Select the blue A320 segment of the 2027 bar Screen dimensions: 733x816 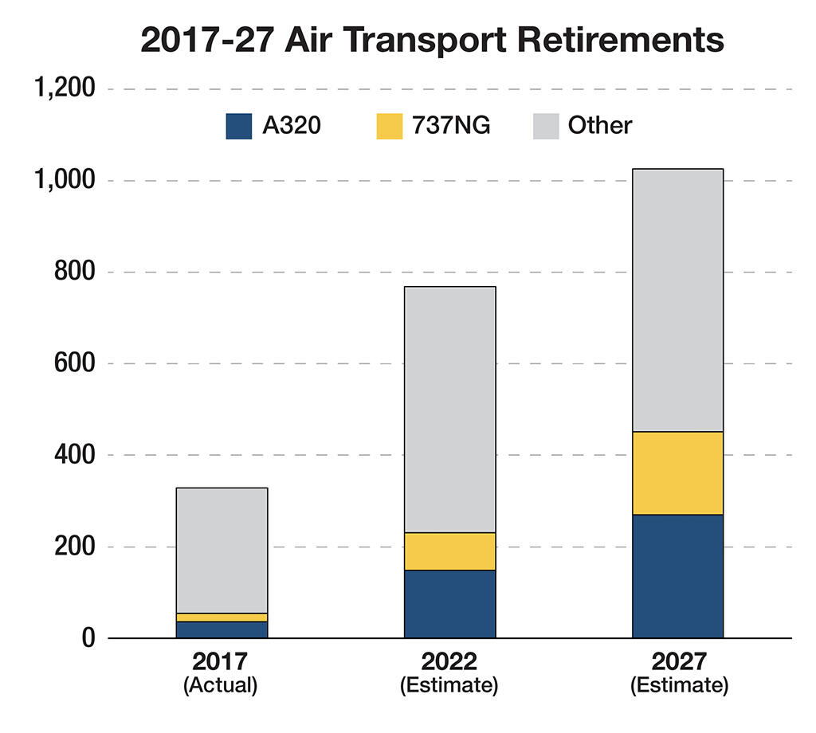coord(678,576)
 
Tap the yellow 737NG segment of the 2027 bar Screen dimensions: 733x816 coord(678,473)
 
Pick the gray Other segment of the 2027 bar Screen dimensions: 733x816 coord(678,300)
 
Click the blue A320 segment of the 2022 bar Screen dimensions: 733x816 coord(449,604)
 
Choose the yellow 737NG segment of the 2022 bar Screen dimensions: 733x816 coord(449,551)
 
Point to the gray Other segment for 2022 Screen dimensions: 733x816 coord(449,410)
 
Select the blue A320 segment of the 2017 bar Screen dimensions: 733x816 coord(222,629)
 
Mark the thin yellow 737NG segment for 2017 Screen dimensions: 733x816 coord(222,617)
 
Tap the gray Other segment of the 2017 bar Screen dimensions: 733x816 coord(222,551)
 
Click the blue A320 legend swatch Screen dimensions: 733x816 coord(239,126)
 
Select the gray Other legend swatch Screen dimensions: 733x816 coord(544,126)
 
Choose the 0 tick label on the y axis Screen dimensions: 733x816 coord(88,639)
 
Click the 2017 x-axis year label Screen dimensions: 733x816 coord(221,663)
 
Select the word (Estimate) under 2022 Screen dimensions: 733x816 coord(450,686)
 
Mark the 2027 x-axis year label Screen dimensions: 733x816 coord(679,663)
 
